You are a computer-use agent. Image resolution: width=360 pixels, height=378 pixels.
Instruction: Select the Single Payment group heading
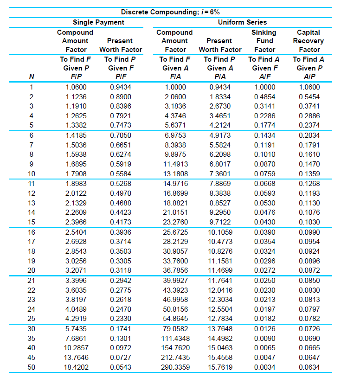98,22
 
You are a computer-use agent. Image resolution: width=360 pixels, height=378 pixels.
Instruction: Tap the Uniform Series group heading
242,22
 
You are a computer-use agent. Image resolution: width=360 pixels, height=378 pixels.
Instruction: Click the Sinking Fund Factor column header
264,41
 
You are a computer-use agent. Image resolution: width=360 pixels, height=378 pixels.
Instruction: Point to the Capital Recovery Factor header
309,41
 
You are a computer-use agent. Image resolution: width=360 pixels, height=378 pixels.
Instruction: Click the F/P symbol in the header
75,76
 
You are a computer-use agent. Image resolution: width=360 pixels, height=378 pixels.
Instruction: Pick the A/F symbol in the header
264,76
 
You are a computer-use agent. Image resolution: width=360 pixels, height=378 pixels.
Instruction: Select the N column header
31,76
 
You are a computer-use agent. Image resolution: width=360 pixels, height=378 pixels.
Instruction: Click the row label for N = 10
32,174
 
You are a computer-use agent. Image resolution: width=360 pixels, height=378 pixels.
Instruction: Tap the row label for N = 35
32,338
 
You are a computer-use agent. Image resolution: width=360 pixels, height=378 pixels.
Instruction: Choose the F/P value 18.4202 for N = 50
76,367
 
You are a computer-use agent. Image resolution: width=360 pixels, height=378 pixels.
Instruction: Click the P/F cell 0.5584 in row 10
121,174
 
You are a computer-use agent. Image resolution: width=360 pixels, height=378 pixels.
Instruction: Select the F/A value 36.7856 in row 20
176,270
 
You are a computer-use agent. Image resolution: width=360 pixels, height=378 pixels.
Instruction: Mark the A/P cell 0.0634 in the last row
309,367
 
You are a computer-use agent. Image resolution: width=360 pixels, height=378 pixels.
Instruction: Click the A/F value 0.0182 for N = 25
264,319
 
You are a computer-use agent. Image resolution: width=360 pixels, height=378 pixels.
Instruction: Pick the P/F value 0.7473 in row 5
121,125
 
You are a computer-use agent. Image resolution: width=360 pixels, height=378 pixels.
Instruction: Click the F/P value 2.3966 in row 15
76,222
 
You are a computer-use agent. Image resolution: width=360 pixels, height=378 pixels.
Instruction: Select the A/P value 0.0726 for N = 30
309,328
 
